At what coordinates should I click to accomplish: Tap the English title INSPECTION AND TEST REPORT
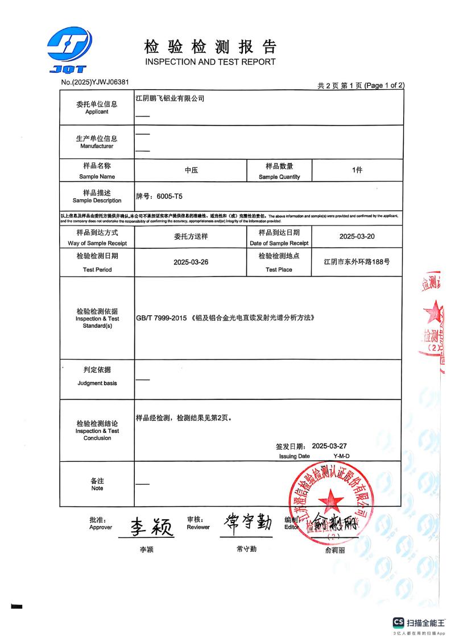(210, 62)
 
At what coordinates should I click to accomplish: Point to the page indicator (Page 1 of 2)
(384, 85)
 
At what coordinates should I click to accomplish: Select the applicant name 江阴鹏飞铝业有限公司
(169, 98)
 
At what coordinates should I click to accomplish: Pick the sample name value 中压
(191, 170)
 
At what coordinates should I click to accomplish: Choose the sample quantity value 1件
(357, 170)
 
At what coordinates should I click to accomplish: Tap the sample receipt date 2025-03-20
(357, 236)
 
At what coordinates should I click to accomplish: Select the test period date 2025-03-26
(191, 262)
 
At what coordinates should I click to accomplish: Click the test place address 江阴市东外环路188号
(357, 262)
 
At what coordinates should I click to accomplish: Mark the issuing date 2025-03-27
(337, 446)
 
